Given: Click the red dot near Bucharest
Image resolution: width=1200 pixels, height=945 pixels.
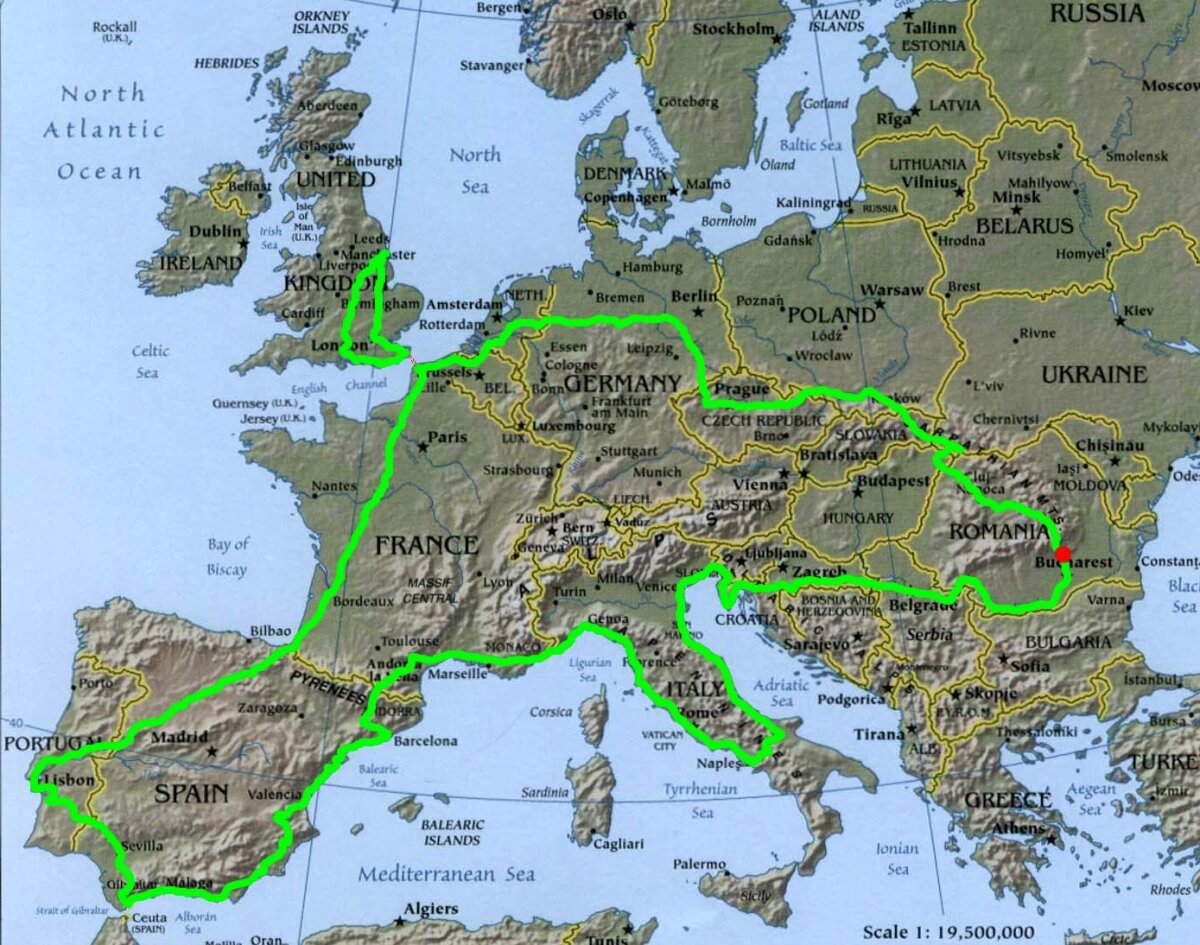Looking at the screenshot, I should [1062, 554].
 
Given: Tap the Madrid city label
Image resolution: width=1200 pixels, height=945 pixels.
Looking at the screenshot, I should [179, 738].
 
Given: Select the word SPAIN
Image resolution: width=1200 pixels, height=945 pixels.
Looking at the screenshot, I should [192, 794].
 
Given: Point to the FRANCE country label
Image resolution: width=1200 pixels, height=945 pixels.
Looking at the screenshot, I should [426, 545].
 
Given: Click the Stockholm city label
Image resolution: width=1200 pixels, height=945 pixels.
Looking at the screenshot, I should [734, 29].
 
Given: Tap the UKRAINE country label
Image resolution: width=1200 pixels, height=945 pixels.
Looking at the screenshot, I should [1094, 374].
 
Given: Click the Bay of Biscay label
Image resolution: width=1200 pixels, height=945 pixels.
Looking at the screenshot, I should [227, 557].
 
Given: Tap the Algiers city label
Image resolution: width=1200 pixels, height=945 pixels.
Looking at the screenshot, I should [430, 909].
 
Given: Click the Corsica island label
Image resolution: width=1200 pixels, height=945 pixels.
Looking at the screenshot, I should [551, 712].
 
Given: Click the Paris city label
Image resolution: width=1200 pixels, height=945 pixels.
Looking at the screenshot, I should [448, 437].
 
